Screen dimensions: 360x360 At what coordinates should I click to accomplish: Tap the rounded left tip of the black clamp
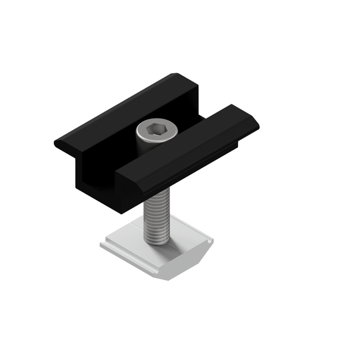point(59,145)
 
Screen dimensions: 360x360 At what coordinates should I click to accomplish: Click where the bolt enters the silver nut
point(158,242)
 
